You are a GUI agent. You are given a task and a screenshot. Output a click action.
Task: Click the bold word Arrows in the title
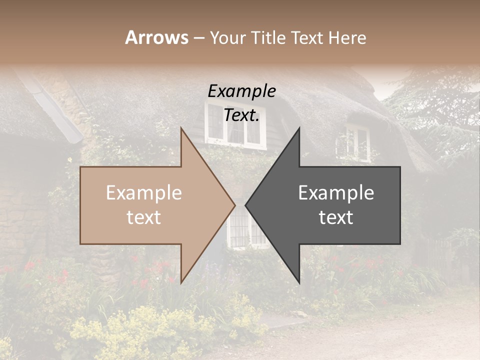pos(156,37)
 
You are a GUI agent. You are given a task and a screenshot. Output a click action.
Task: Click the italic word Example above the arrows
pos(241,91)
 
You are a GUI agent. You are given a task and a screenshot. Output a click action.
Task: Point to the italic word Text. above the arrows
pos(241,115)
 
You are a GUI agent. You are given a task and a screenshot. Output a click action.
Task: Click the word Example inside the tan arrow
pos(143,193)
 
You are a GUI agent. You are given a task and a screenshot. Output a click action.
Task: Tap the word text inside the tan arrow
pos(143,217)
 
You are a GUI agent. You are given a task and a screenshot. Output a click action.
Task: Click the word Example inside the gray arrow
pos(336,193)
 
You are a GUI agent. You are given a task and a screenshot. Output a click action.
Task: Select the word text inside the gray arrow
pos(336,217)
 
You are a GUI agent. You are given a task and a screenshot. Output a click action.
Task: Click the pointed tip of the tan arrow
pos(234,205)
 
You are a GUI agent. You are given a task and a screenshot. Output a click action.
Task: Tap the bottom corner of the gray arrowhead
pos(299,282)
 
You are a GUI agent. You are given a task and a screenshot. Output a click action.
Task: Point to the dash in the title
pos(198,38)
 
